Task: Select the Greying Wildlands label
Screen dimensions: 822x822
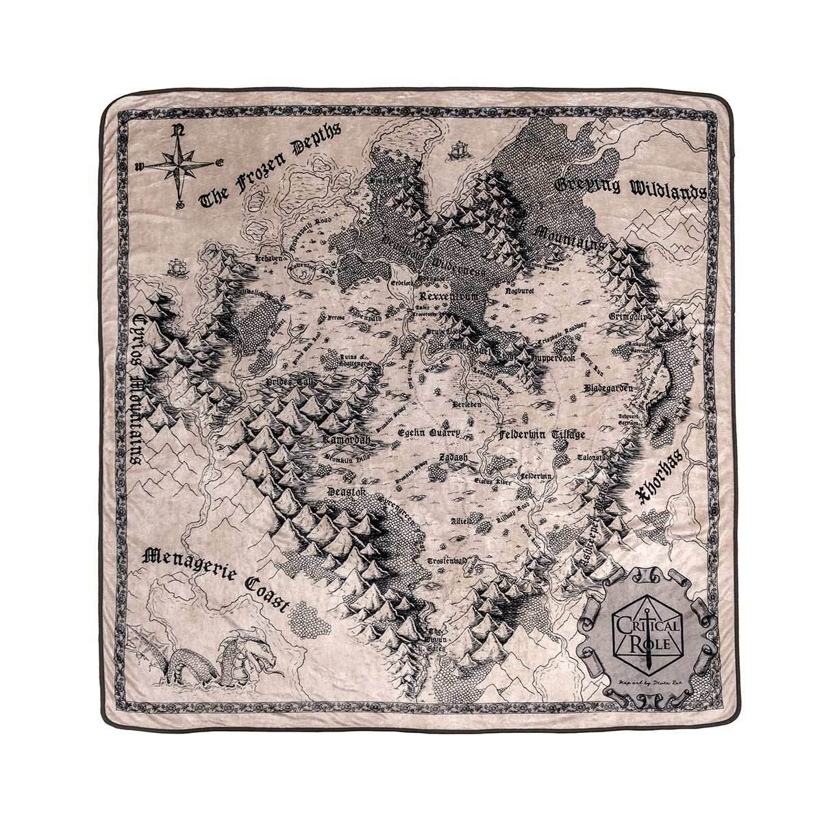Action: (x=630, y=187)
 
